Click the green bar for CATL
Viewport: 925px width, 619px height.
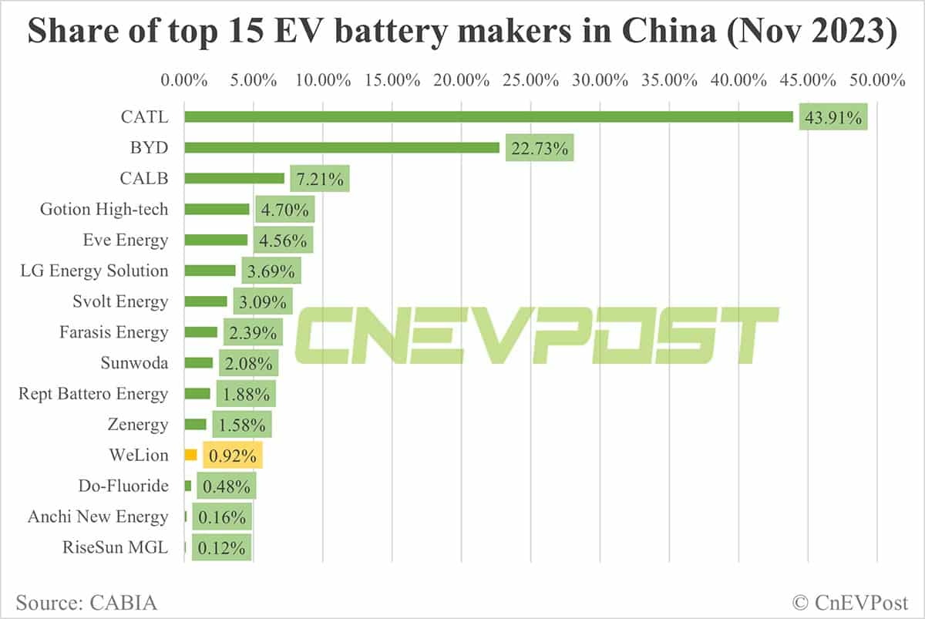pos(489,116)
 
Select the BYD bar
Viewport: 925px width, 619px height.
pos(342,147)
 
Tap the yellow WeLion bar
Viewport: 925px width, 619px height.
pos(191,455)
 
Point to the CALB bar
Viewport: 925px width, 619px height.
pos(234,178)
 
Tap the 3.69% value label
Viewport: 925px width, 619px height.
pos(270,271)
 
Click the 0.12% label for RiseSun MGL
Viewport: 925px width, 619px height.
pos(221,548)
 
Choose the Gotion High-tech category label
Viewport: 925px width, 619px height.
pos(104,209)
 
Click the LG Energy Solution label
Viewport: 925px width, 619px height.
pos(94,271)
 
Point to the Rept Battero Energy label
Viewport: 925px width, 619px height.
pos(93,394)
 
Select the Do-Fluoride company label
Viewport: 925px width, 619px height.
pos(123,486)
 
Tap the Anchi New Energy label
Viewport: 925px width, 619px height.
pos(98,516)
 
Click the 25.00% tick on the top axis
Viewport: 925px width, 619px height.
pos(530,79)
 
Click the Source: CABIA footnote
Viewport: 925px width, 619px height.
pos(86,601)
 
